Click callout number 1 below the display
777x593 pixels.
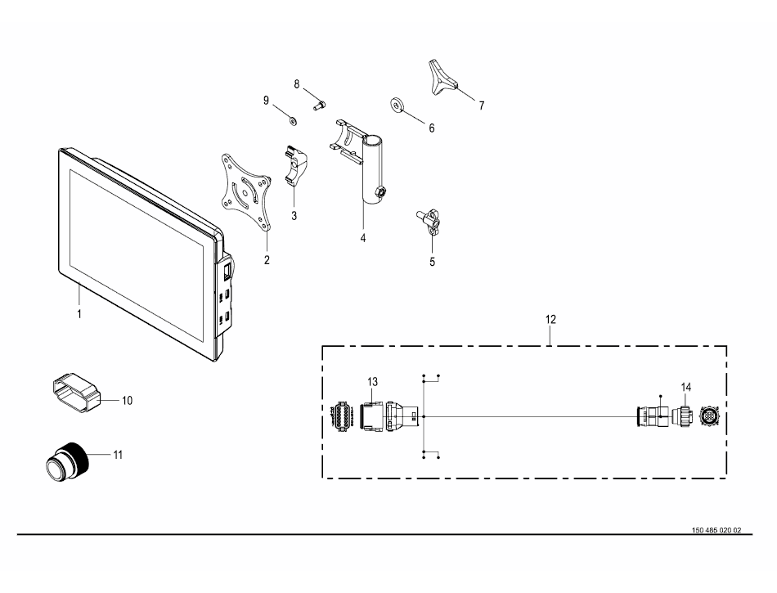pyautogui.click(x=79, y=314)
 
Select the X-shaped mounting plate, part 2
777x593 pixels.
pyautogui.click(x=246, y=191)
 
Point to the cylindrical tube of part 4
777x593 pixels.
pyautogui.click(x=374, y=170)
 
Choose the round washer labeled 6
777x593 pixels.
pyautogui.click(x=397, y=105)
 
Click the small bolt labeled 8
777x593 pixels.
pyautogui.click(x=319, y=106)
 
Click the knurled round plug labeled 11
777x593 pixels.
pyautogui.click(x=67, y=460)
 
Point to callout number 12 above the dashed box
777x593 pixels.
pyautogui.click(x=550, y=320)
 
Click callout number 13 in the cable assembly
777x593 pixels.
pyautogui.click(x=372, y=382)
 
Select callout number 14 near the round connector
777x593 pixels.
pyautogui.click(x=686, y=387)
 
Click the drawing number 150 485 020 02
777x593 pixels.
pyautogui.click(x=716, y=530)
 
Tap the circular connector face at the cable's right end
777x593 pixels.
pyautogui.click(x=709, y=417)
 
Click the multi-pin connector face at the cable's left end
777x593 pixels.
pyautogui.click(x=341, y=416)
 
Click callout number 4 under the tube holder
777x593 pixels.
pyautogui.click(x=363, y=238)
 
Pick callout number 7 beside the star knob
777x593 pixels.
pyautogui.click(x=481, y=106)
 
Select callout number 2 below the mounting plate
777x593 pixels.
pyautogui.click(x=267, y=260)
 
